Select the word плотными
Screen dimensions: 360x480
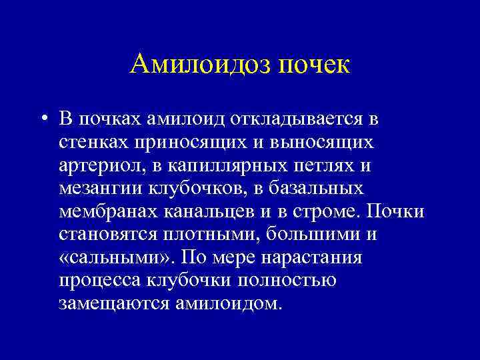209,235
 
